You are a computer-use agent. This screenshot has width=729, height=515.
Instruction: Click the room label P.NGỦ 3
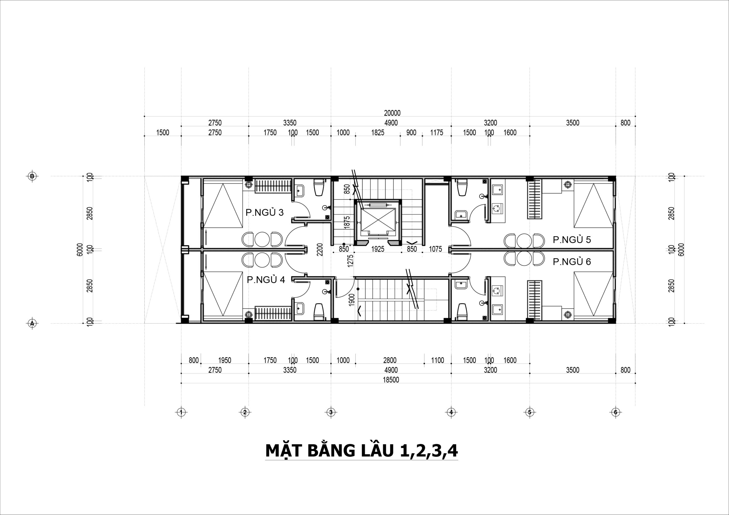click(x=265, y=212)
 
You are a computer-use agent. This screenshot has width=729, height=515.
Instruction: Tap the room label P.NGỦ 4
click(x=266, y=280)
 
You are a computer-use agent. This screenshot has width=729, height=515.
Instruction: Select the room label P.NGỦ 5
click(x=572, y=240)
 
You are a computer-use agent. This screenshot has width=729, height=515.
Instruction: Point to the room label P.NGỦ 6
click(x=572, y=262)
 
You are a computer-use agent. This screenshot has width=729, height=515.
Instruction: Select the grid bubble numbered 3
click(x=331, y=412)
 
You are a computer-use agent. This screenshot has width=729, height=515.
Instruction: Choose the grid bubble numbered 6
click(x=616, y=412)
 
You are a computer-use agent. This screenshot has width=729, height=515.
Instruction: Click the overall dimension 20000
click(x=392, y=113)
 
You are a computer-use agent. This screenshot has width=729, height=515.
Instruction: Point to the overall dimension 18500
click(x=391, y=380)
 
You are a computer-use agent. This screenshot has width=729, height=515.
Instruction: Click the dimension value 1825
click(x=378, y=133)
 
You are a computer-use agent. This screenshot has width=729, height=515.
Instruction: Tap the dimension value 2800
click(x=390, y=360)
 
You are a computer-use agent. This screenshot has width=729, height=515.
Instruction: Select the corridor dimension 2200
click(x=320, y=250)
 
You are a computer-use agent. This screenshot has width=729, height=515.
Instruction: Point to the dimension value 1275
click(x=351, y=261)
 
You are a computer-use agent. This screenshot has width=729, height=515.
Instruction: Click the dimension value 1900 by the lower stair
click(x=351, y=300)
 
